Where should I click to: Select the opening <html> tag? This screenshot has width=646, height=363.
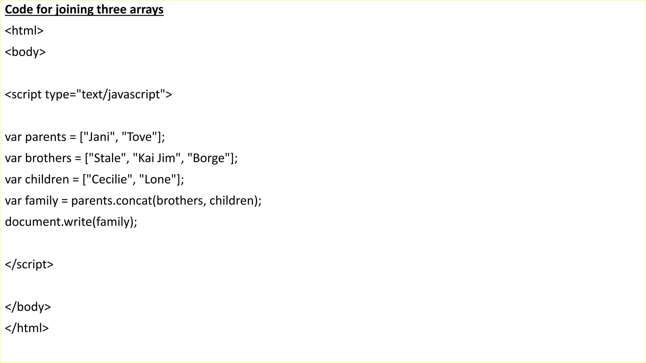[x=24, y=31]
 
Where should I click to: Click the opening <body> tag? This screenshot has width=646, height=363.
[x=25, y=52]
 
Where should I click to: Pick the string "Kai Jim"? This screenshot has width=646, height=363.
[x=157, y=158]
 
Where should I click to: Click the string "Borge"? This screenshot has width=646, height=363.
[x=208, y=158]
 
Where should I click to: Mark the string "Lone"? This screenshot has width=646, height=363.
[x=158, y=179]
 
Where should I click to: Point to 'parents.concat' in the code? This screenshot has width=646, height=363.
[x=112, y=201]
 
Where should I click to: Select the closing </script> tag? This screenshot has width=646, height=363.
[x=29, y=264]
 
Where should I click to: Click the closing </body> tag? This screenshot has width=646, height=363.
[x=28, y=307]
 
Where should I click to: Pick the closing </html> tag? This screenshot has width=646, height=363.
[x=27, y=328]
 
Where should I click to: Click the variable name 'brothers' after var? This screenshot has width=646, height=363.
[x=48, y=158]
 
